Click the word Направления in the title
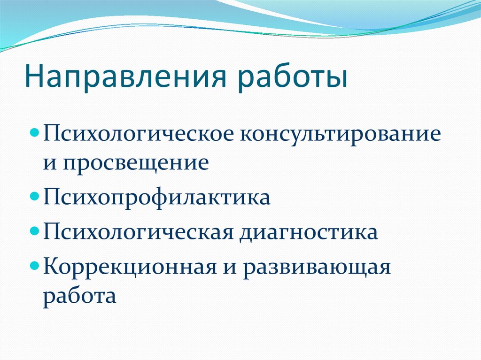tap(125, 76)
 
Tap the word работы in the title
tap(293, 76)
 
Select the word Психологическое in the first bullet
tap(139, 134)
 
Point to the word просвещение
tap(136, 163)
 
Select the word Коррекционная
tap(130, 266)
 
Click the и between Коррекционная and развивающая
tap(230, 268)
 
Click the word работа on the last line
tap(79, 296)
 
